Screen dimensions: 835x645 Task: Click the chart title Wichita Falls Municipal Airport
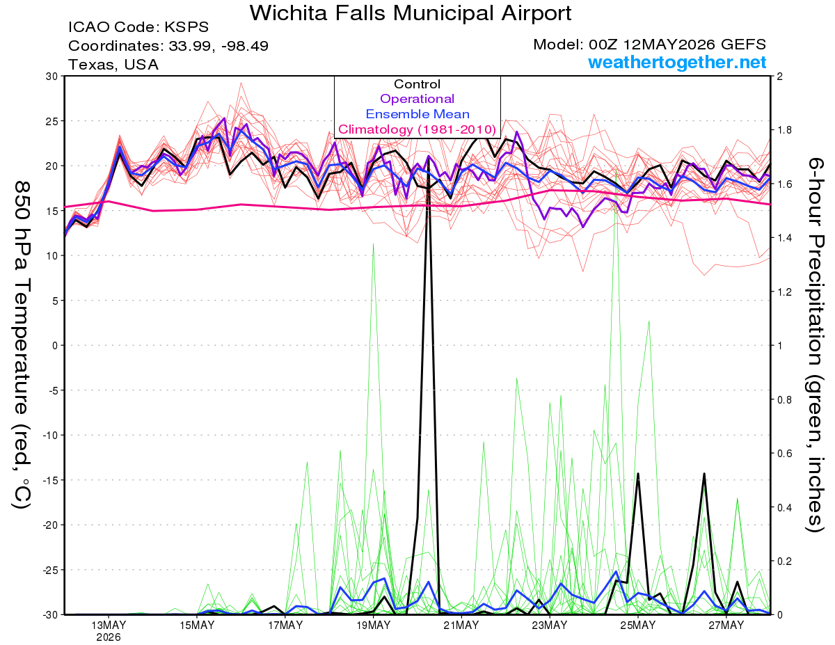tap(411, 13)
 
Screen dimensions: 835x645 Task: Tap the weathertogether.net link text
tap(677, 62)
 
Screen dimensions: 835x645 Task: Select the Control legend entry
tap(417, 84)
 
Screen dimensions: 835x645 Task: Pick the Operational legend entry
tap(417, 99)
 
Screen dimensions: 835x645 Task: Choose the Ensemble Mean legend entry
tap(417, 114)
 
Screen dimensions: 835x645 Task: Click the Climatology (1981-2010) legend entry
tap(417, 129)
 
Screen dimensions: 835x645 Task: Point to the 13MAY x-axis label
tap(109, 625)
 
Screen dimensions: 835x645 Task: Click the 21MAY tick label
tap(461, 625)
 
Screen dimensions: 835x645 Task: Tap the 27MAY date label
tap(726, 625)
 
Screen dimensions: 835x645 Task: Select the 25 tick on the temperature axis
tap(51, 121)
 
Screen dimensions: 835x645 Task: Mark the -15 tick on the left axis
tap(49, 480)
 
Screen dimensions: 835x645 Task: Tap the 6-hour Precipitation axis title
tap(814, 345)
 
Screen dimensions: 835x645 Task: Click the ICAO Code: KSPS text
tap(138, 27)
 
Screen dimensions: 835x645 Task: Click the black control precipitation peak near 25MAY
tap(638, 474)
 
